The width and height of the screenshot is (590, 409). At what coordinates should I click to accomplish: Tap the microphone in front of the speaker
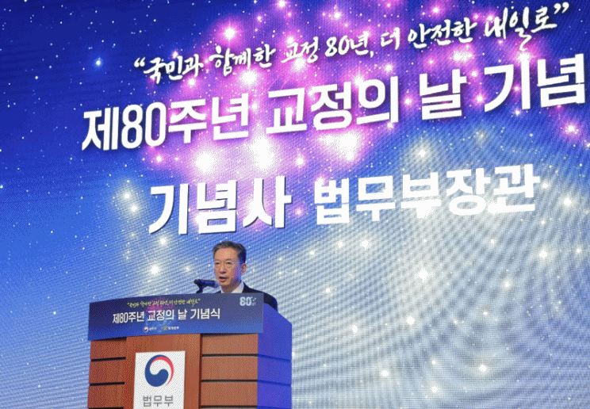click(205, 283)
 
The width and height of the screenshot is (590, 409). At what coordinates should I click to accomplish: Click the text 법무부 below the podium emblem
click(159, 399)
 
